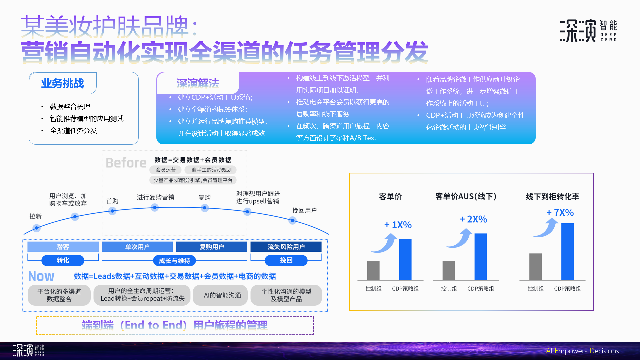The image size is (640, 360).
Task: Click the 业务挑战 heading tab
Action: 63,83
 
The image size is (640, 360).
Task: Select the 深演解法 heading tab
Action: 198,83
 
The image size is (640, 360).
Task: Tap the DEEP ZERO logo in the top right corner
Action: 588,30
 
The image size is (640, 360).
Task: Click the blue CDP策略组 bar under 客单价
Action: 405,259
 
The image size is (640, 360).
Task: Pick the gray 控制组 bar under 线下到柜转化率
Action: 535,267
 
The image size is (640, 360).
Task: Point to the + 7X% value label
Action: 560,212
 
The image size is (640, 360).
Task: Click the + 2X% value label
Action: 473,219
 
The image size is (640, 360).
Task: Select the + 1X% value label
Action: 398,225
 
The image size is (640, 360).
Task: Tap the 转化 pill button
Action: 63,260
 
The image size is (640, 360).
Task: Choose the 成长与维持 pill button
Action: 174,261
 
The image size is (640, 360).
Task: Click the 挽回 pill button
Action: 286,260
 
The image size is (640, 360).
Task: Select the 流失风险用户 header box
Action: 286,247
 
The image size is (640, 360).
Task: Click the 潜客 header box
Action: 63,247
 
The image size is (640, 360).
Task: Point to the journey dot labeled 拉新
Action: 36,228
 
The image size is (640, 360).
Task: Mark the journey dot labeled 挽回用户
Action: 292,220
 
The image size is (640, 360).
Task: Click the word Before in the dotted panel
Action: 126,163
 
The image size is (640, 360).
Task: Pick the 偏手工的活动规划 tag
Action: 211,170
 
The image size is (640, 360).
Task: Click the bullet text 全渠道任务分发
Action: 73,131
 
